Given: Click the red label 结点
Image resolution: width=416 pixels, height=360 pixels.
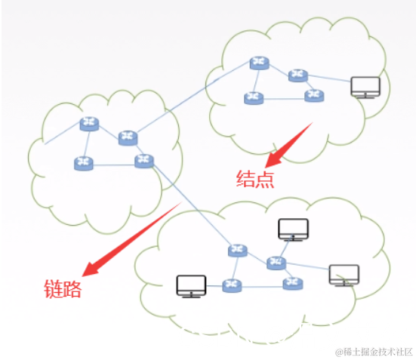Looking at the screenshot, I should point(254,178).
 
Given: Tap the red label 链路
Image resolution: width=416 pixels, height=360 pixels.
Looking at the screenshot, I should point(61,288).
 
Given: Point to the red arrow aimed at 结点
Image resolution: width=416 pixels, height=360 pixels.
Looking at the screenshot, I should point(290,144).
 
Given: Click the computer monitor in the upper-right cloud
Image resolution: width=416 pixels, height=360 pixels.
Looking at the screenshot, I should point(365,88).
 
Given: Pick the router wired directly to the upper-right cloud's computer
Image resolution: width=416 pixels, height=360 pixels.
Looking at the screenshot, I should point(298,75).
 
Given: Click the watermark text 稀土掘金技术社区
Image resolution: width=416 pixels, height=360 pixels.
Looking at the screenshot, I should point(370,351).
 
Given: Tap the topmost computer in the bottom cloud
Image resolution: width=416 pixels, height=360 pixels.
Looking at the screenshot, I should point(294,229).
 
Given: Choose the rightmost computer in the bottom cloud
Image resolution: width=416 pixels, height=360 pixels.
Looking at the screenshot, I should point(344,275).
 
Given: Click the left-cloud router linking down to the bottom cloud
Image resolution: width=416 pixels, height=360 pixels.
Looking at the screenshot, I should point(143,161).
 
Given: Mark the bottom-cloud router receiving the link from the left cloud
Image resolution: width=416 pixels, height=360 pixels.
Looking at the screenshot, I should point(238,250).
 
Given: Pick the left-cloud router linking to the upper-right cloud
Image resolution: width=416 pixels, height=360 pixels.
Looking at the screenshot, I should point(128,137).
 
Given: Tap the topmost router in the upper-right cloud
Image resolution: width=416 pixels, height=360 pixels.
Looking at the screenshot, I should point(260,63).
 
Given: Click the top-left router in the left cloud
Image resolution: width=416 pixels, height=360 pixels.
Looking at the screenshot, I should point(90,123).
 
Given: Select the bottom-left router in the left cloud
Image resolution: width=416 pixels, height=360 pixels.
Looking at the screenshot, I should point(83,162).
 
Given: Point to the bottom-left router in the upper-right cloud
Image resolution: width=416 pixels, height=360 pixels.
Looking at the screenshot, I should point(252,97).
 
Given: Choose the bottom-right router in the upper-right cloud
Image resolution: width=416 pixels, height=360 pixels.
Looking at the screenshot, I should point(313,95).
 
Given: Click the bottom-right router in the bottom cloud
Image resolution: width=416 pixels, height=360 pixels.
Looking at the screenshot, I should point(292,284).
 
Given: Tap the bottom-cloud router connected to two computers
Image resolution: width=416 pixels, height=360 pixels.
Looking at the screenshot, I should point(276,263).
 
